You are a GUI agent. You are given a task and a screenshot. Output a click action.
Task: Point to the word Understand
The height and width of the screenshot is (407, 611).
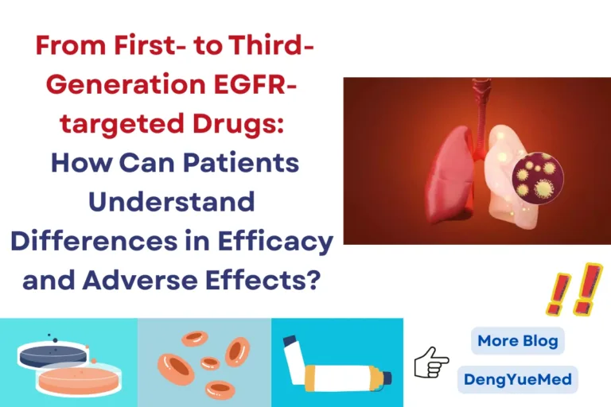[x=171, y=201]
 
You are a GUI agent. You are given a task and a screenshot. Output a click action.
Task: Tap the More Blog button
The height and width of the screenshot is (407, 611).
[x=517, y=341]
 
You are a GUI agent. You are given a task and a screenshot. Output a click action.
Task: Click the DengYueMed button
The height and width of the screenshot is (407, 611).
[x=517, y=379]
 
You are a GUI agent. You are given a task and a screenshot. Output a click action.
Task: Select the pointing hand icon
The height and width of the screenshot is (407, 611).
[x=430, y=362]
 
